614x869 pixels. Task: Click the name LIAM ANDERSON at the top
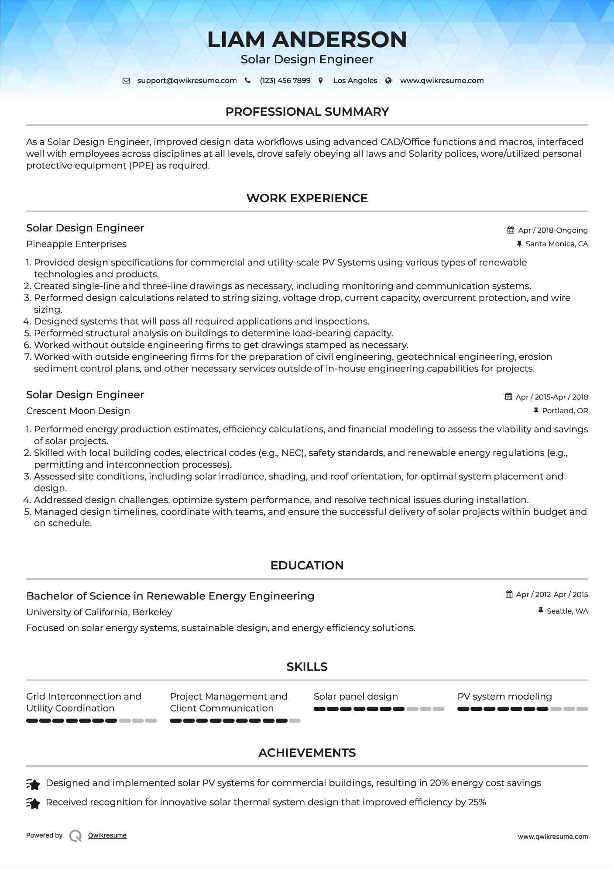pos(307,40)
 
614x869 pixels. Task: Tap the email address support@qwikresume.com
pos(187,81)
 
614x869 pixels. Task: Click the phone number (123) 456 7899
pos(285,81)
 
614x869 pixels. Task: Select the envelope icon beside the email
pos(126,81)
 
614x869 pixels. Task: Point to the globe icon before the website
pos(388,81)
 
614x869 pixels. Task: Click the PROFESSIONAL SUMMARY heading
pos(307,112)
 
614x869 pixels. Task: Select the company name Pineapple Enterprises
pos(76,244)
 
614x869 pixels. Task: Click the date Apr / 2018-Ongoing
pos(552,230)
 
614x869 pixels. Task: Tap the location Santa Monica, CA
pos(556,244)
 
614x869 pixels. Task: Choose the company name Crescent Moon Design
pos(78,411)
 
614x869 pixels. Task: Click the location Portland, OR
pos(565,411)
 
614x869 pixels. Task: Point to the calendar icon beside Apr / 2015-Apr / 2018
pos(509,397)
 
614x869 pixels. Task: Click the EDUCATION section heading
pos(307,566)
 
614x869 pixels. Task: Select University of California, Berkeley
pos(99,612)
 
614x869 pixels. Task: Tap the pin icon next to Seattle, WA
pos(541,610)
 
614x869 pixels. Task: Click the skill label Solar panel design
pos(356,697)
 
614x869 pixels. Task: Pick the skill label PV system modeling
pos(504,697)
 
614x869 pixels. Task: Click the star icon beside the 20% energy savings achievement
pos(34,784)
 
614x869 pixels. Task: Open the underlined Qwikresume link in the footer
pos(107,835)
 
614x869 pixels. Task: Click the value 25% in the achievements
pos(477,802)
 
